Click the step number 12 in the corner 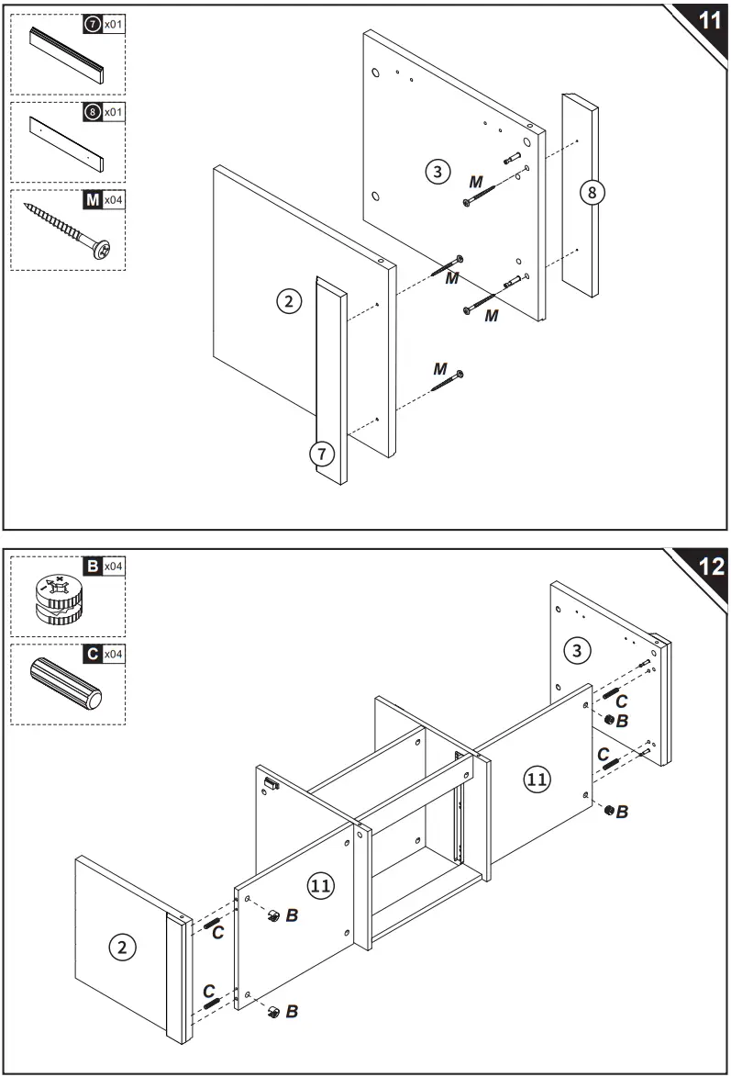point(709,566)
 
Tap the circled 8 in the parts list point(91,113)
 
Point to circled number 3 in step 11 point(437,171)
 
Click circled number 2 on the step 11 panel point(289,301)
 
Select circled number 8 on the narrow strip point(592,192)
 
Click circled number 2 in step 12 point(120,948)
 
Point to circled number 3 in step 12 point(576,651)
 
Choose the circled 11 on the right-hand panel point(537,780)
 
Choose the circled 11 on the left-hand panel point(320,886)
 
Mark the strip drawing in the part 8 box point(66,144)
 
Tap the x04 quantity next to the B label point(113,567)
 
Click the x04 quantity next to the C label point(113,655)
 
